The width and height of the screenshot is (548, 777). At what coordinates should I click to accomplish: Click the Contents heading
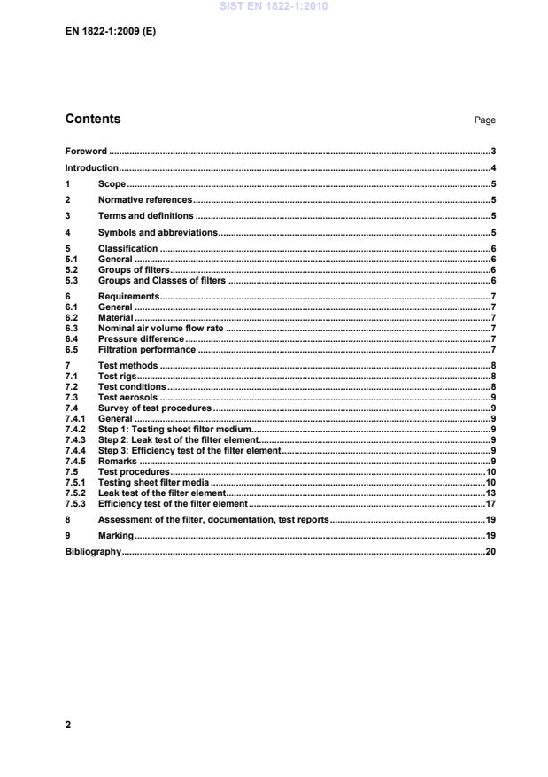[x=93, y=120]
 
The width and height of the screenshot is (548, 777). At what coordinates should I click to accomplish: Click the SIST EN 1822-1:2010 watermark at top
[x=274, y=6]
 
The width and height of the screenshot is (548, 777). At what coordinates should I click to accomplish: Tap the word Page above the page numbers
[x=485, y=120]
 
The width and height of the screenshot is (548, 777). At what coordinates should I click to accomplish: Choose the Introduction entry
[x=91, y=168]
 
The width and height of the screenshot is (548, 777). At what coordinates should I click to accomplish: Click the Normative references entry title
[x=144, y=200]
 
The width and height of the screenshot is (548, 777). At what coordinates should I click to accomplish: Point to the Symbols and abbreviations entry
[x=157, y=232]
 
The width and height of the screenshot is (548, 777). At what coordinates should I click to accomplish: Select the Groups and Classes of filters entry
[x=162, y=281]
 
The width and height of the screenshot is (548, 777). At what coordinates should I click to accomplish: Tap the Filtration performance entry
[x=146, y=349]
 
